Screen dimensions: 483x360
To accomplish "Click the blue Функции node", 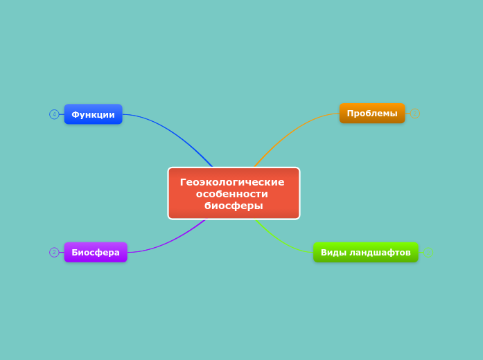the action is [93, 114].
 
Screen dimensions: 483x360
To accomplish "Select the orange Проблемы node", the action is [372, 114].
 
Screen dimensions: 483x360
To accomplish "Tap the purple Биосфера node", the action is [96, 252].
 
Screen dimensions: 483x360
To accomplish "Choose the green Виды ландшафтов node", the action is [365, 252].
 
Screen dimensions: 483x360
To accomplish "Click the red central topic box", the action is [234, 193].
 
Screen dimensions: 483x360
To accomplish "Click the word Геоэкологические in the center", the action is [232, 182].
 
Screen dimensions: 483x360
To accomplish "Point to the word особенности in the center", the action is [232, 194].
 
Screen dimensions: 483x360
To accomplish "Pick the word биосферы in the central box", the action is [234, 206].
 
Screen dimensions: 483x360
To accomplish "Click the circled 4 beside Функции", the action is [54, 114].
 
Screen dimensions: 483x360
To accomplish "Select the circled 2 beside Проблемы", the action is [415, 114].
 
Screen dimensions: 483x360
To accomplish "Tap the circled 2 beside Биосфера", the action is [54, 252].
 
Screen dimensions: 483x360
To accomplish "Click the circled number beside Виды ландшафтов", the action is [428, 252].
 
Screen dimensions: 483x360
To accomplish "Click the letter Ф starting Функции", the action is [75, 114].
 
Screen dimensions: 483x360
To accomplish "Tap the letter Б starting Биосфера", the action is [75, 252].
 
